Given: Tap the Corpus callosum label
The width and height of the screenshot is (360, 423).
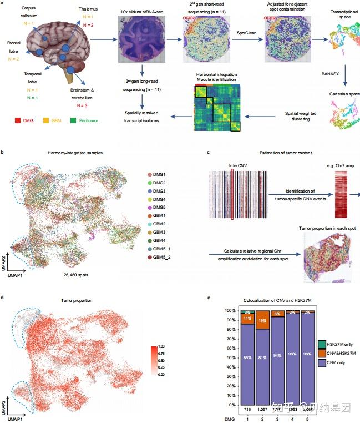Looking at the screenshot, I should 28,12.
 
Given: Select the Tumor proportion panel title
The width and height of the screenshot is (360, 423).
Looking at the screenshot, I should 77,300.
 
